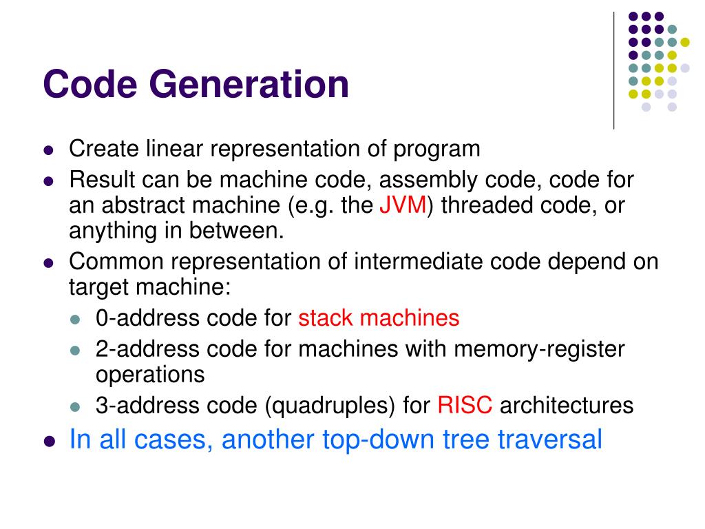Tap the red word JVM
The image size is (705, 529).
pyautogui.click(x=403, y=206)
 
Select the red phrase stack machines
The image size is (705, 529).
pyautogui.click(x=379, y=318)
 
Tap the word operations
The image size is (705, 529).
pyautogui.click(x=150, y=374)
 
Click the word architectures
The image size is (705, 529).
pyautogui.click(x=566, y=404)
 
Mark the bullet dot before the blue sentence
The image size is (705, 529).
pyautogui.click(x=48, y=441)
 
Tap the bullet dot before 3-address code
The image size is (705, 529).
pyautogui.click(x=77, y=406)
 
